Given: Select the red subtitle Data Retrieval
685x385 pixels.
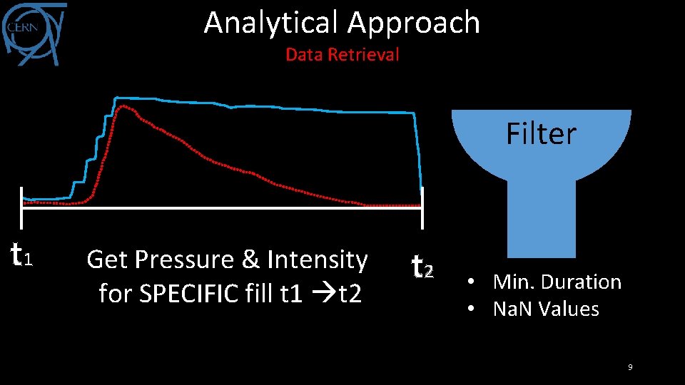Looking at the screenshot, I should (x=342, y=54).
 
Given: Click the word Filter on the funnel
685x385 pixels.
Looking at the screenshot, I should (x=541, y=133).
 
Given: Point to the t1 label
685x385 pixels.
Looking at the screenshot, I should (x=21, y=252).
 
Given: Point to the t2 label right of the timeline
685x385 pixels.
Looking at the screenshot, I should (x=423, y=266).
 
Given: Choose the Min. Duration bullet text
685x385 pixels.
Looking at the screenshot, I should (x=557, y=282).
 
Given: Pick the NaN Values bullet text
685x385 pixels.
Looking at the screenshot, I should (x=546, y=309).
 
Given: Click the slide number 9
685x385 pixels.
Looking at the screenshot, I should (x=630, y=367).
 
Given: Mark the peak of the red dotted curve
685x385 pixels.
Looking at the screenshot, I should (x=123, y=106).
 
